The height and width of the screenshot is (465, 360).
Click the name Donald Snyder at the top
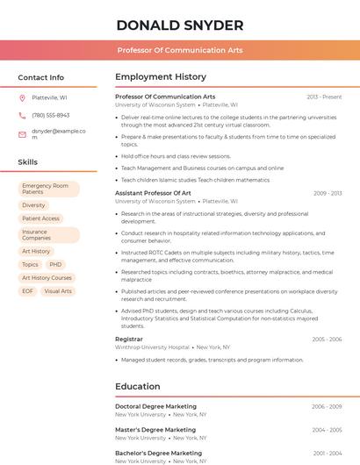[x=179, y=25]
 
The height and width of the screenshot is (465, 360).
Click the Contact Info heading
[x=40, y=77]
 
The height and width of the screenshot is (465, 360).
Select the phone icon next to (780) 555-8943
[x=22, y=116]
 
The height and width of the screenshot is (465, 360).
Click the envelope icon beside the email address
[x=22, y=134]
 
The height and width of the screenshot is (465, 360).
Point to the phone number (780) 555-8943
[x=51, y=116]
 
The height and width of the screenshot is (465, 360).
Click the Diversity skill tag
[x=33, y=205]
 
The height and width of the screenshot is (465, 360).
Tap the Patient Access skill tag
[x=40, y=218]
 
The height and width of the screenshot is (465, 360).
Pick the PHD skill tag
[x=55, y=264]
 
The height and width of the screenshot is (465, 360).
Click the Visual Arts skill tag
[x=58, y=291]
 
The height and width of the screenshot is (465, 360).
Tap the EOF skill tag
[x=28, y=291]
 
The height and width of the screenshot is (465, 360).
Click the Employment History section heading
[x=161, y=77]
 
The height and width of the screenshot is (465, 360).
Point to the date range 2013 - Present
[x=324, y=97]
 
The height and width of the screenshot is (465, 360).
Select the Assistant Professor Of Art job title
[x=153, y=193]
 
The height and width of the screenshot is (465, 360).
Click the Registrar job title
[x=129, y=339]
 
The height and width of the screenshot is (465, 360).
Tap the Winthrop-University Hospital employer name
[x=152, y=347]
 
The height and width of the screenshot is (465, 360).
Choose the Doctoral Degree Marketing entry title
[x=155, y=406]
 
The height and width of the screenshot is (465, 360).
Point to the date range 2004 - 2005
[x=327, y=430]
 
